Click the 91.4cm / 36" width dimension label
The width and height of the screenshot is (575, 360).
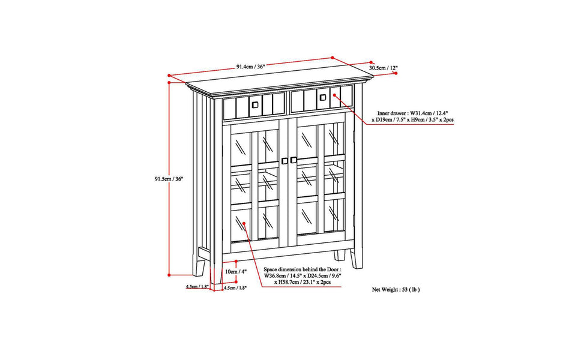(x=250, y=67)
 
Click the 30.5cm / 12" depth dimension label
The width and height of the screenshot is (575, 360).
(x=383, y=68)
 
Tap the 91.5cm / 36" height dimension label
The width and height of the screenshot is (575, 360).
(x=168, y=179)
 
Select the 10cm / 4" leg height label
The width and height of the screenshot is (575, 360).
(x=236, y=272)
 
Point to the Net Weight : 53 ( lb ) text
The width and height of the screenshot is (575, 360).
(x=396, y=290)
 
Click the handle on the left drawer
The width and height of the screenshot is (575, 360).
(x=255, y=105)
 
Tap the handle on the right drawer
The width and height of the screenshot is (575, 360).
(x=323, y=97)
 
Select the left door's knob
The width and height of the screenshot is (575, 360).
(x=284, y=161)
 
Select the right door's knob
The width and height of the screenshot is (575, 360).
(x=293, y=160)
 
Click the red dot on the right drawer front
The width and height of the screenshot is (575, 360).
(x=335, y=95)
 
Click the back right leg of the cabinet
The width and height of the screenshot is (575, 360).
(x=357, y=259)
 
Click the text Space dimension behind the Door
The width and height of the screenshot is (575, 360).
(x=303, y=269)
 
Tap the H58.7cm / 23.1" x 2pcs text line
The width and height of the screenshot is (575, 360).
(x=303, y=282)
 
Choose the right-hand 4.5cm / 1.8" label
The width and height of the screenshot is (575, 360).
(x=235, y=288)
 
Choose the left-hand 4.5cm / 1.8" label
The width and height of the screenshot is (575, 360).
(x=197, y=286)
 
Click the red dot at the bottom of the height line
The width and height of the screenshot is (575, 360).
(x=169, y=275)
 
